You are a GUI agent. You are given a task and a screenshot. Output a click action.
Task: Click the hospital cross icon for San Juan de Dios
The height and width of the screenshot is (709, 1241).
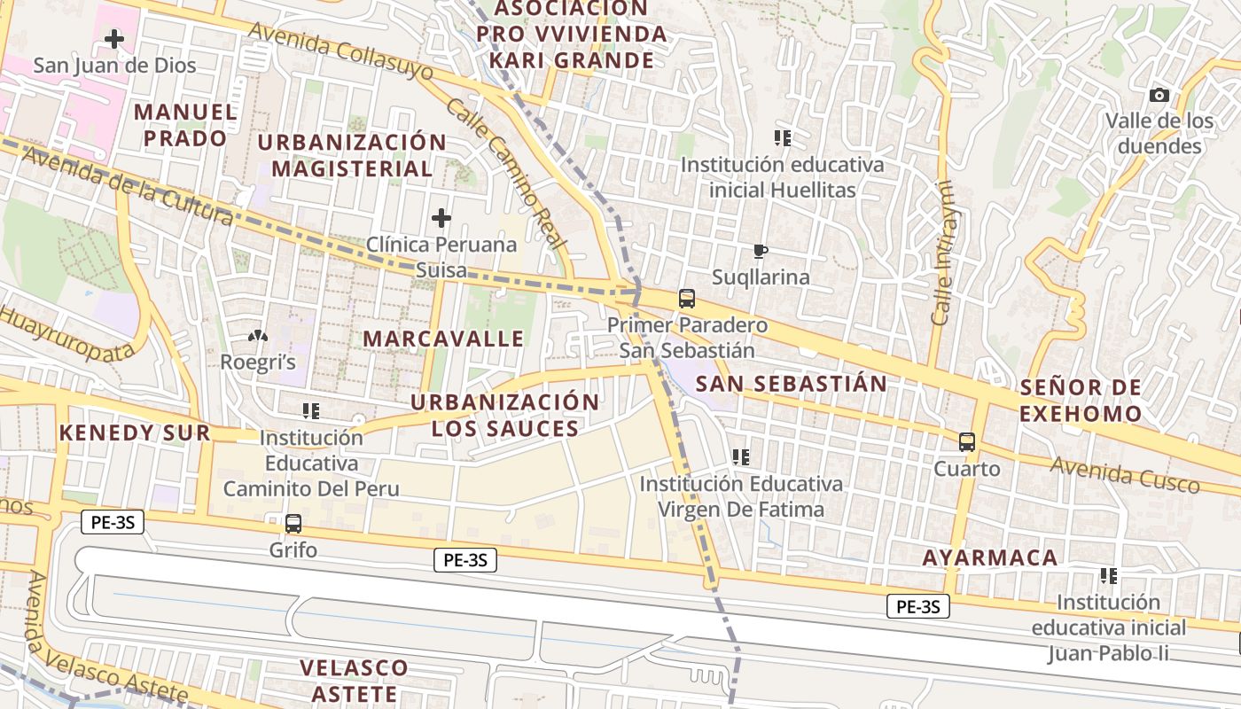tap(114, 39)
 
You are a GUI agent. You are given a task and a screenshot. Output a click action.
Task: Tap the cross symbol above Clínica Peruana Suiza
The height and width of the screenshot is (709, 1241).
tap(441, 218)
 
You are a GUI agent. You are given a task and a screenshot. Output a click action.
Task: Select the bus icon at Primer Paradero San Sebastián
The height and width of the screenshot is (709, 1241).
tap(687, 299)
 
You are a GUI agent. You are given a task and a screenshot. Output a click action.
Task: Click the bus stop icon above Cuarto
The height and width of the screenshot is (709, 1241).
tap(967, 442)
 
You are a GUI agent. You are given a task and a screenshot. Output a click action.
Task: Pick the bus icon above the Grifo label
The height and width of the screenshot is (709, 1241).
tap(293, 524)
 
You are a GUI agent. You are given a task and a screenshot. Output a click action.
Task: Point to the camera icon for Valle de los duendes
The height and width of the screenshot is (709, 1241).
tap(1159, 96)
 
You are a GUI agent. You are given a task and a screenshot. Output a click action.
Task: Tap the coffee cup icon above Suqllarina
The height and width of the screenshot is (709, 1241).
tap(760, 251)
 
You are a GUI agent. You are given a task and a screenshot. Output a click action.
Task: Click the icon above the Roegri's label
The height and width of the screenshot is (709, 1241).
tap(257, 336)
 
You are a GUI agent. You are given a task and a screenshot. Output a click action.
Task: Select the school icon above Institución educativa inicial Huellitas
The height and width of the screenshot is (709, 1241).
tap(782, 138)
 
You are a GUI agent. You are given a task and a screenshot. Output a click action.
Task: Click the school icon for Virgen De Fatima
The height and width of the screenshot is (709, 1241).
tap(741, 457)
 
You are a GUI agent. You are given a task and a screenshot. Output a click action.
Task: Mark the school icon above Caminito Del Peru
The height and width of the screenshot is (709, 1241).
tap(310, 411)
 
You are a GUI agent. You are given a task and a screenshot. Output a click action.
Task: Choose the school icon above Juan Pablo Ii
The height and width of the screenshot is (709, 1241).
tap(1108, 576)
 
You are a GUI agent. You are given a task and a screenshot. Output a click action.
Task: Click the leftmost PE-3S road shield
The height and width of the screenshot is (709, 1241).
tap(113, 522)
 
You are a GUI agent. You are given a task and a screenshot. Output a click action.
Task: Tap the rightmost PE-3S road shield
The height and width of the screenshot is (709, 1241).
tap(917, 606)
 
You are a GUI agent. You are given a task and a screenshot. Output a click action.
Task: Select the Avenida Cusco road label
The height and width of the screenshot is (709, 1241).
tap(1124, 475)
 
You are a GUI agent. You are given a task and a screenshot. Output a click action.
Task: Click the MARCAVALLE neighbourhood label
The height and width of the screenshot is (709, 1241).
tap(443, 339)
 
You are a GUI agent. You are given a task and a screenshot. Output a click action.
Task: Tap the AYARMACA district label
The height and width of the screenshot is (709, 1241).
tap(989, 557)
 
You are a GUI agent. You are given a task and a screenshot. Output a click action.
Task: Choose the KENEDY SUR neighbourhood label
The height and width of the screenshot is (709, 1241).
tap(135, 432)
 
